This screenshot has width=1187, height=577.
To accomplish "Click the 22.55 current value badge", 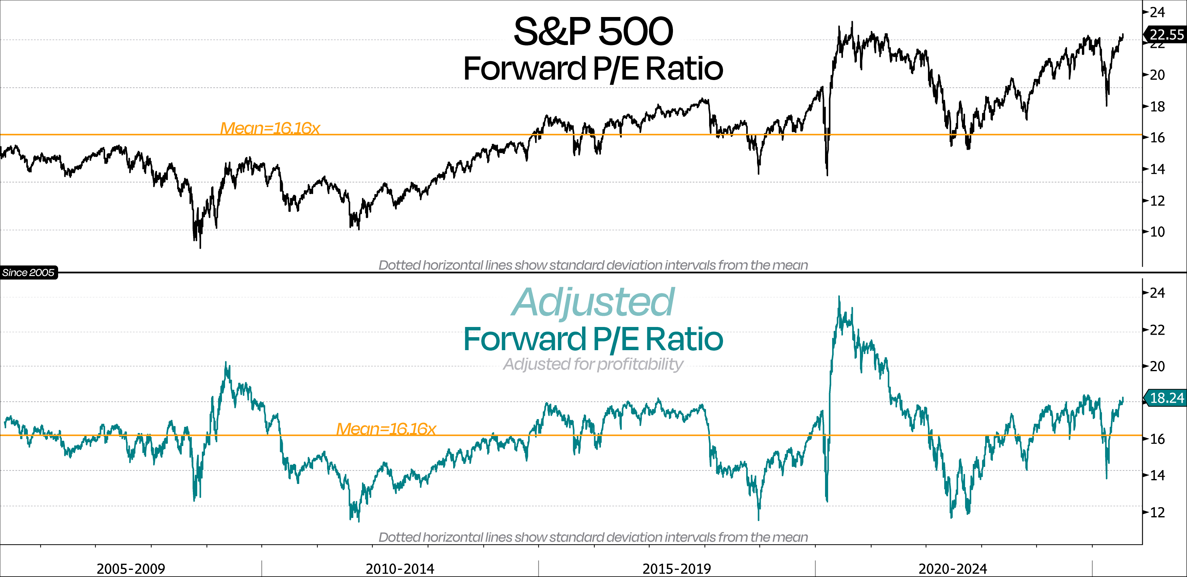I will (1166, 35).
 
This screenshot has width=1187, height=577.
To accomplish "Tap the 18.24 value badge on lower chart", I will (1166, 398).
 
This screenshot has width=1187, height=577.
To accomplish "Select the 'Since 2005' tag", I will (28, 272).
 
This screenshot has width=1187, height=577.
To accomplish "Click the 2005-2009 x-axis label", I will (131, 568).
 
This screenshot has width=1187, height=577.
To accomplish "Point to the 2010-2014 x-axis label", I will (400, 568).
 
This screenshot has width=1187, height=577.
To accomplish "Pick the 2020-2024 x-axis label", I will (952, 568).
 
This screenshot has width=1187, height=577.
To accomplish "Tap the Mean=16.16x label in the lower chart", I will (386, 429).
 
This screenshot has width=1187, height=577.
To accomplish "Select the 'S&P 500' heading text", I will (593, 31).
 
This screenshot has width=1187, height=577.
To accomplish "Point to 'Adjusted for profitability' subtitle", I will (593, 364).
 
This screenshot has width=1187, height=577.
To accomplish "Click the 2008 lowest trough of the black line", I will (200, 248).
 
